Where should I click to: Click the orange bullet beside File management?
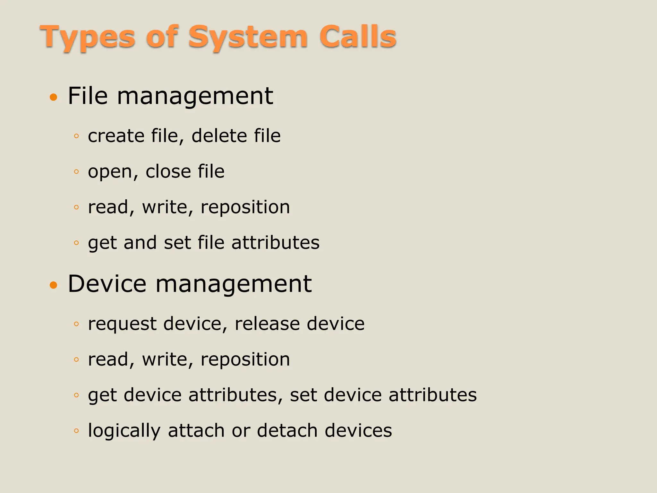point(54,97)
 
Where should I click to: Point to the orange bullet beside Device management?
point(54,285)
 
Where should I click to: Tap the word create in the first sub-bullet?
point(116,136)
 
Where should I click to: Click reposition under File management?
point(245,207)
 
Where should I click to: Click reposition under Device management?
point(245,359)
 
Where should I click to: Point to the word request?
point(122,324)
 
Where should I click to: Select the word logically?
point(124,431)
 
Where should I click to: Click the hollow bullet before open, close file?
point(76,172)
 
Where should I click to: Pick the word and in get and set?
point(140,243)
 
